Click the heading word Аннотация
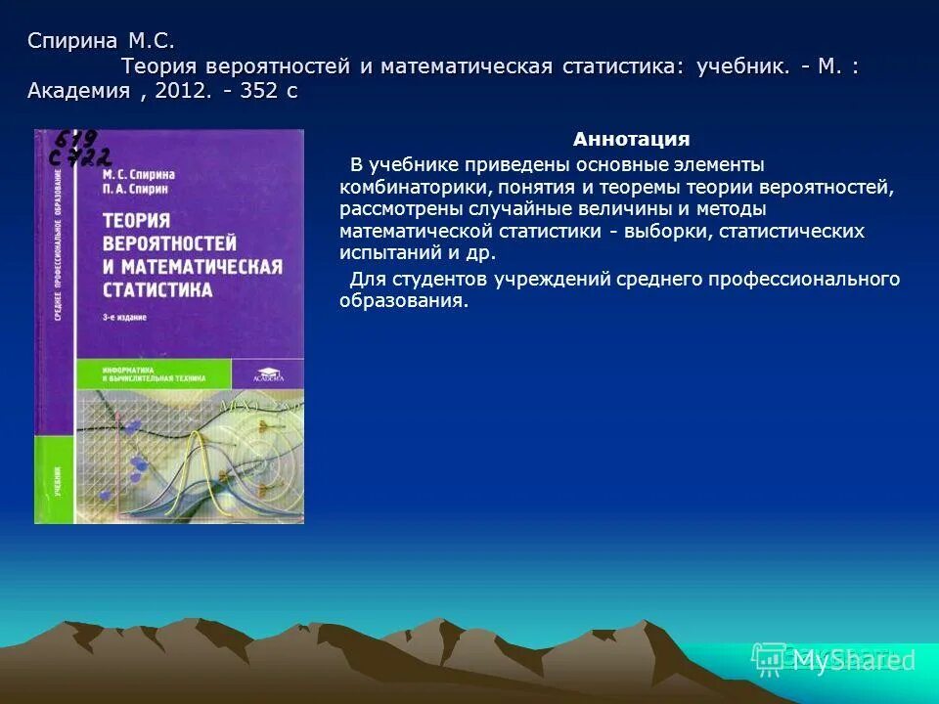[x=631, y=139]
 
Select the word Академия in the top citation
[x=79, y=91]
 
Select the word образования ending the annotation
[x=404, y=301]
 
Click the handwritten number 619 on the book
[x=76, y=139]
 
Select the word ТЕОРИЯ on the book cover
[x=137, y=221]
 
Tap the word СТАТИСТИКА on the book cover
[x=157, y=289]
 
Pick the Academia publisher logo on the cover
[x=267, y=371]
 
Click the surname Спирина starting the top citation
[x=73, y=41]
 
